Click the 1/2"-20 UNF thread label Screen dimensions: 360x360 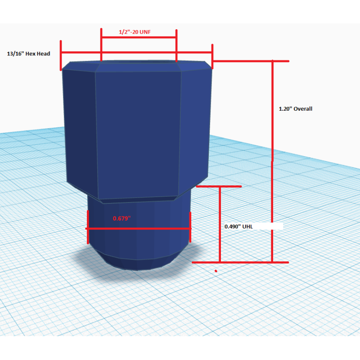coord(135,32)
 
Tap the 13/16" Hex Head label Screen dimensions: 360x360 coord(28,54)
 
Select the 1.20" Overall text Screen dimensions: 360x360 coord(296,109)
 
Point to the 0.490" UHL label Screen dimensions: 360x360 coord(238,227)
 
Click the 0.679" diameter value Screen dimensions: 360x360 coord(121,218)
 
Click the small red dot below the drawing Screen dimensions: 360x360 coord(216,271)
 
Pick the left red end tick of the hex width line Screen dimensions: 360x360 coord(61,55)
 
